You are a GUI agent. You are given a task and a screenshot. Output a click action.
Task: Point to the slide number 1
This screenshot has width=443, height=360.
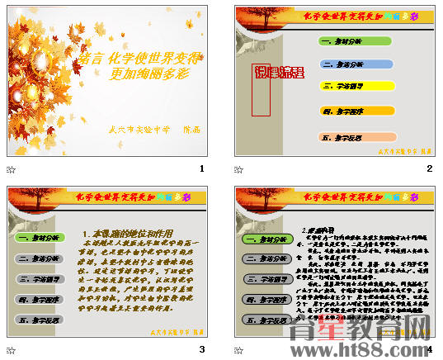coord(201,168)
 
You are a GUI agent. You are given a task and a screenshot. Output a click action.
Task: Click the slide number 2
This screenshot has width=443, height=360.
coord(430,168)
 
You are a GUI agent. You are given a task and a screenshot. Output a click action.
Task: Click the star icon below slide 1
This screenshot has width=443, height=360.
coord(11,169)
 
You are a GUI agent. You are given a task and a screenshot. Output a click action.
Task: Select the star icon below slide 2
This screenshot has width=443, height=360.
coord(239,169)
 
